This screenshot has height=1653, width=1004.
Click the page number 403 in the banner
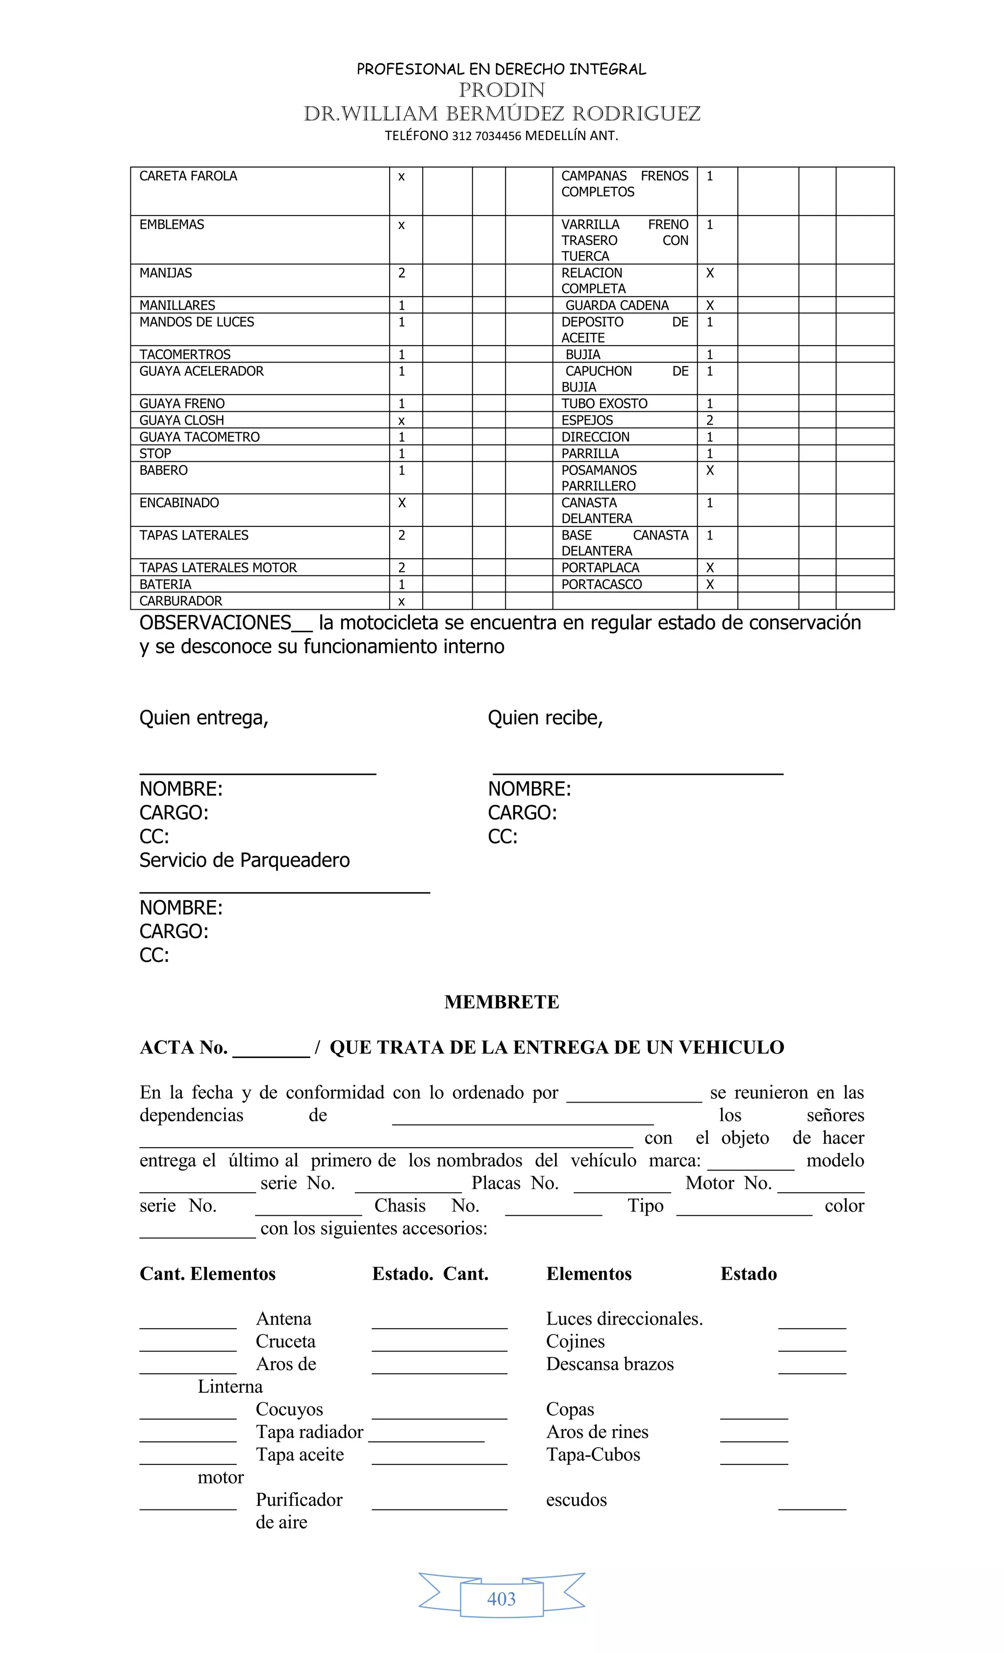(x=502, y=1599)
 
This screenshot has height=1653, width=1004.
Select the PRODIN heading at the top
(x=502, y=90)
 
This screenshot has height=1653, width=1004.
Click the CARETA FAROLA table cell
(x=188, y=176)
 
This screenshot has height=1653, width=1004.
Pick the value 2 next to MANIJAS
(x=402, y=273)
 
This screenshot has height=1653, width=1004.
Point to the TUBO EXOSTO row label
(x=604, y=404)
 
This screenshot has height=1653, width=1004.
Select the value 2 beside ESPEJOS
(x=709, y=420)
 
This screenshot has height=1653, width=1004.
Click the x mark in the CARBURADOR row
(x=402, y=602)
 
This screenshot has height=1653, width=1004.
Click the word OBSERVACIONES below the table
(x=215, y=623)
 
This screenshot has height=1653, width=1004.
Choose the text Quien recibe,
(x=545, y=718)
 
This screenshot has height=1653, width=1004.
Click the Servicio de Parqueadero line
(x=244, y=860)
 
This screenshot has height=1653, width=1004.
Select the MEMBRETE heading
(x=502, y=1002)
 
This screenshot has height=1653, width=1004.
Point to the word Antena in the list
(x=283, y=1319)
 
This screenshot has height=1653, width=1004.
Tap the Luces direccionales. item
(x=624, y=1319)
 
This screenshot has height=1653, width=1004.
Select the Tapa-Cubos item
(x=593, y=1455)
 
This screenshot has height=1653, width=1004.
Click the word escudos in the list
(x=576, y=1500)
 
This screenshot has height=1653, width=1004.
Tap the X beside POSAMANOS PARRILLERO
(x=709, y=471)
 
